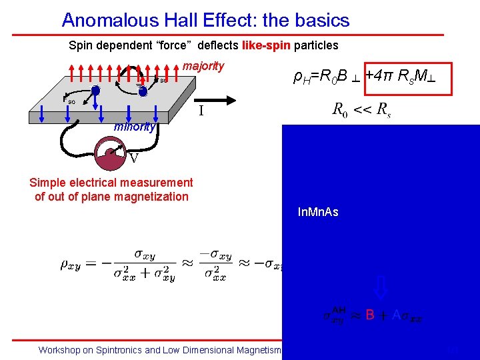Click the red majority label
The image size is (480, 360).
coord(203,67)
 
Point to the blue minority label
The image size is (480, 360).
coord(135,127)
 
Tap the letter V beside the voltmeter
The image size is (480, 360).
coord(134,159)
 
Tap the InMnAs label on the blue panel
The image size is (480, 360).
coord(318,213)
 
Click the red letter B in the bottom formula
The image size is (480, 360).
coord(369,315)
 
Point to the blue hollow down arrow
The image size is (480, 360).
coord(379,287)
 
